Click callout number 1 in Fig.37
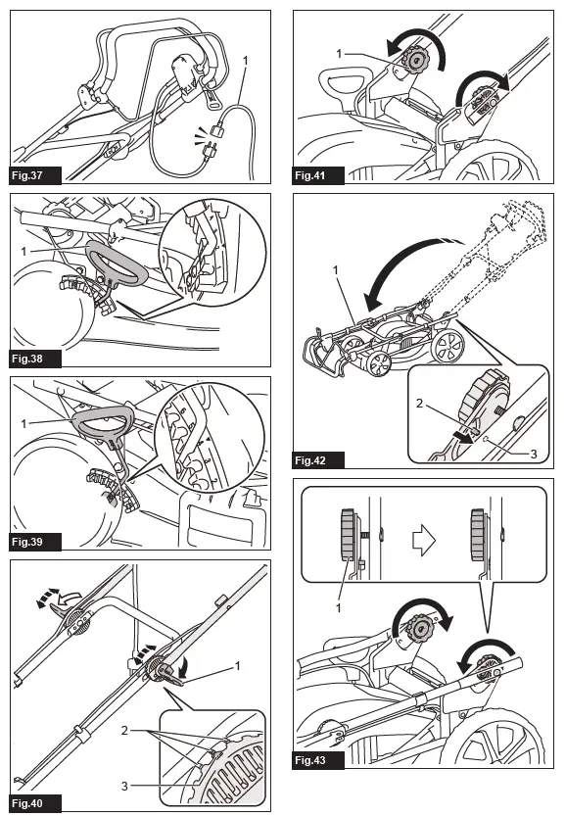click(246, 61)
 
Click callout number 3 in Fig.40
click(124, 786)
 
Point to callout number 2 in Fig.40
click(124, 731)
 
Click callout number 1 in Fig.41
click(339, 54)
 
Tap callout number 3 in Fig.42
click(534, 454)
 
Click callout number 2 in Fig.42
click(419, 403)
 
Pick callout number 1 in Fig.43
click(338, 607)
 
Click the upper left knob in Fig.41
click(416, 59)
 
